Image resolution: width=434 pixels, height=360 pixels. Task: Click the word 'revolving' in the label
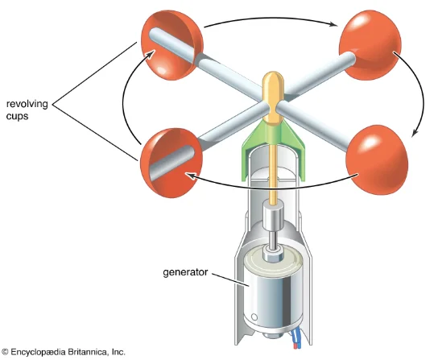click(27, 105)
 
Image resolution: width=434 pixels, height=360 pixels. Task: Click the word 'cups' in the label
click(17, 116)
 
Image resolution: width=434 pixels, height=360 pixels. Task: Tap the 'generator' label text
click(185, 272)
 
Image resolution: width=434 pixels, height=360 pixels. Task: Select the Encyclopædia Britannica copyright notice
click(63, 352)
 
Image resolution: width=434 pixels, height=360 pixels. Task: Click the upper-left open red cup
click(172, 45)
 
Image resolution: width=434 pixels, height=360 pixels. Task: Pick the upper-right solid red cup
click(370, 44)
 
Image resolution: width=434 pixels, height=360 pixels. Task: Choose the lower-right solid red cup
click(377, 159)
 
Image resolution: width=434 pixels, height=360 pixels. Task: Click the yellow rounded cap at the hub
click(273, 97)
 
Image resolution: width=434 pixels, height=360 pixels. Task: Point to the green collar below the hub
click(273, 150)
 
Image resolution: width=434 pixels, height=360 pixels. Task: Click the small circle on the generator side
click(254, 317)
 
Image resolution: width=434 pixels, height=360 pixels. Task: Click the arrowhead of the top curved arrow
click(333, 24)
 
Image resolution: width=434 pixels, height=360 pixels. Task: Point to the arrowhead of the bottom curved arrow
click(190, 176)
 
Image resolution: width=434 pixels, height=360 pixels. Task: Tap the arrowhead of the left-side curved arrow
click(149, 54)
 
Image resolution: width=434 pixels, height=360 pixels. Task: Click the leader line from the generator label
click(231, 279)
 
